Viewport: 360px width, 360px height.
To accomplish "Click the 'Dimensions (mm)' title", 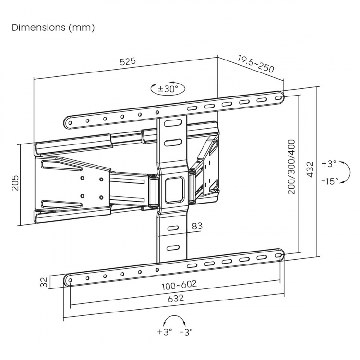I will [x=53, y=27].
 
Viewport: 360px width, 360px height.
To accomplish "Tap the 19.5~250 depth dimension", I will [x=256, y=64].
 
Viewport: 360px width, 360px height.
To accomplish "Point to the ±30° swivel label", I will [x=168, y=88].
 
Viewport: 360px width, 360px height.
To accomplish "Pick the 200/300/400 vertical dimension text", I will [x=291, y=167].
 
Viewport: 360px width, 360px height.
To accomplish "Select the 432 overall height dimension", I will [x=310, y=169].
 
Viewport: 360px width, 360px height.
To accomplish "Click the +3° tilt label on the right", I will [x=329, y=164].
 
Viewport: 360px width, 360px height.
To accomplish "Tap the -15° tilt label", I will [x=330, y=180].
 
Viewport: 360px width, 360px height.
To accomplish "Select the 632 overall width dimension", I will [x=175, y=298].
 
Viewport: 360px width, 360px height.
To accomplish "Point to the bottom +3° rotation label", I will [x=164, y=332].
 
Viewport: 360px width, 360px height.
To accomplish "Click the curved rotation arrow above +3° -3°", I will [x=174, y=319].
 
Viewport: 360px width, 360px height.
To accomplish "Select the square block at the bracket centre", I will [x=173, y=188].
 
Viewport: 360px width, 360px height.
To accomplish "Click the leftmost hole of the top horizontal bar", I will [x=70, y=123].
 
